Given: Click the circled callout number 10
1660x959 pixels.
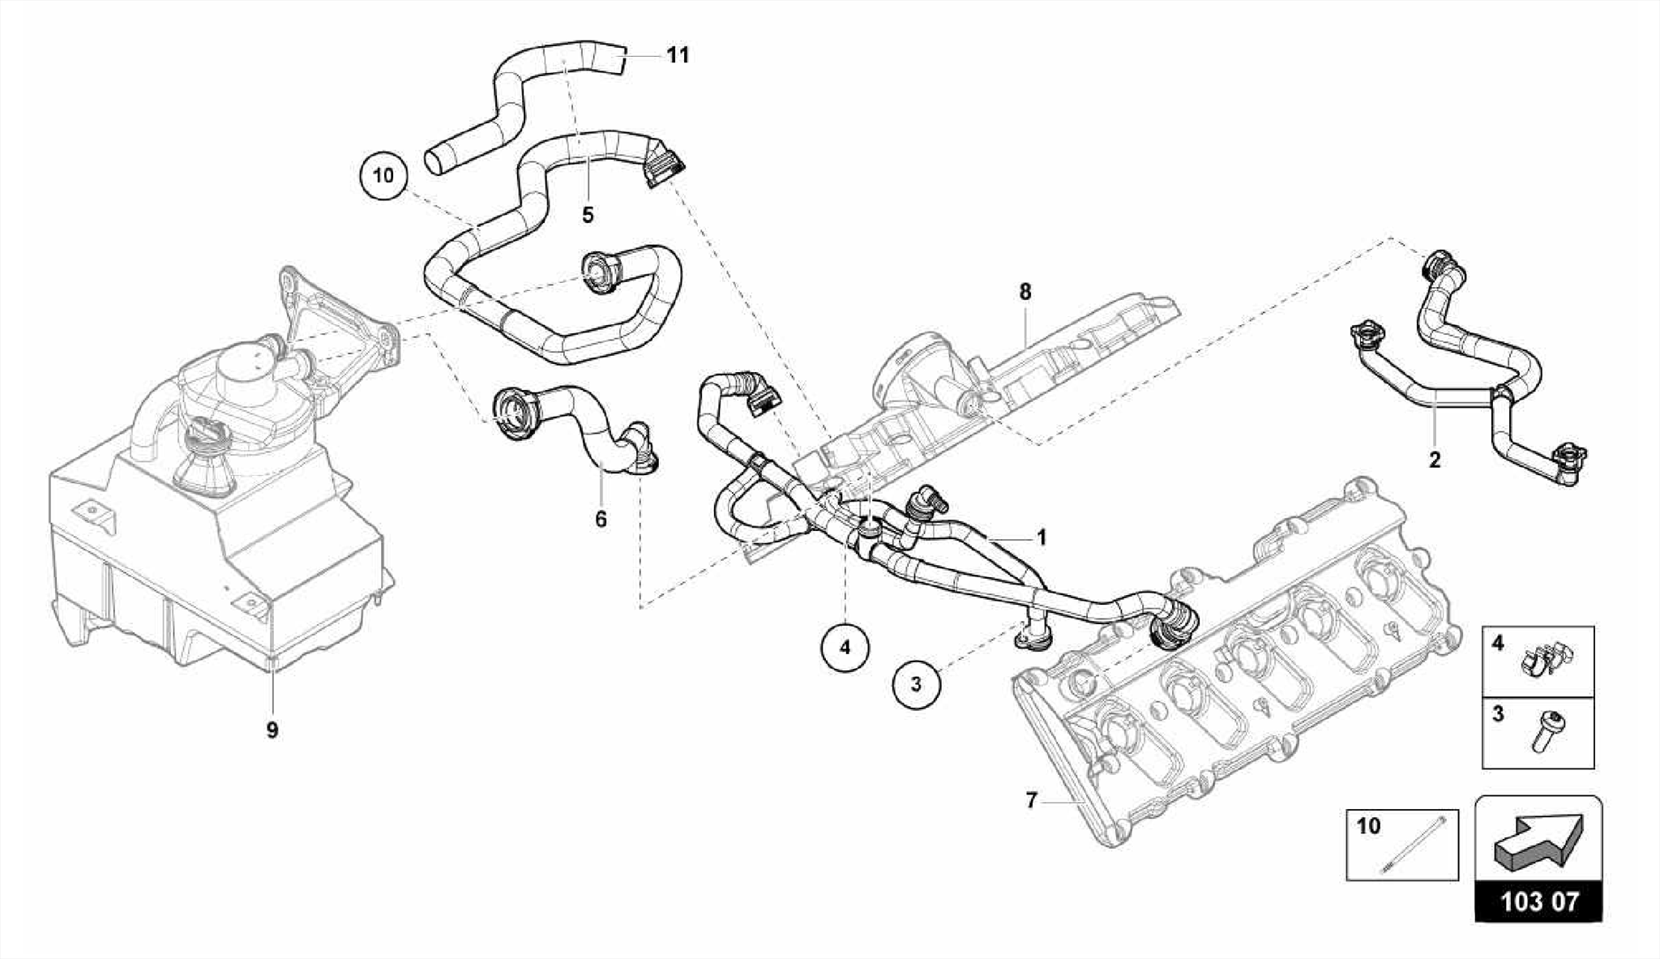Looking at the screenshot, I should pyautogui.click(x=384, y=174).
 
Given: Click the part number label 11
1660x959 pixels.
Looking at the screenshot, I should pyautogui.click(x=678, y=55).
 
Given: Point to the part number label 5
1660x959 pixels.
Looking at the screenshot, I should pyautogui.click(x=588, y=215).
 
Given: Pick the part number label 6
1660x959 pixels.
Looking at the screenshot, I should pyautogui.click(x=601, y=519).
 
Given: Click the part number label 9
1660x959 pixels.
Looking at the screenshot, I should pyautogui.click(x=272, y=730).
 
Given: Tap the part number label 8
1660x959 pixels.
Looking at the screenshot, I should pyautogui.click(x=1025, y=291).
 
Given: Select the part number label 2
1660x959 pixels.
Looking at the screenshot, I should pyautogui.click(x=1435, y=460).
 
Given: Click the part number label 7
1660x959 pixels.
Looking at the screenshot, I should pyautogui.click(x=1031, y=800).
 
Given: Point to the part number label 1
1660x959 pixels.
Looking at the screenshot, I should pyautogui.click(x=1042, y=537).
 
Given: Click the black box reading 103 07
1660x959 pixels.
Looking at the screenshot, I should pyautogui.click(x=1539, y=901).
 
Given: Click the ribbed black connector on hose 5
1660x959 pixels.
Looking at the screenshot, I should pyautogui.click(x=663, y=168).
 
